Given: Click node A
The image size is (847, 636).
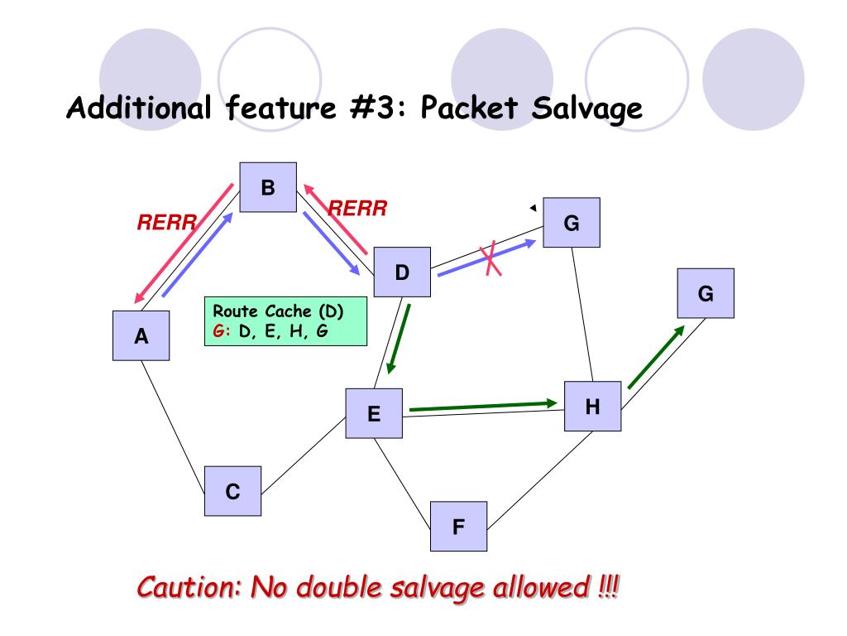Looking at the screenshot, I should pyautogui.click(x=141, y=335).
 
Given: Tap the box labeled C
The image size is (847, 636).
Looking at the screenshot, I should pyautogui.click(x=232, y=492).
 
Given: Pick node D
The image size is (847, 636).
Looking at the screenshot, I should pyautogui.click(x=402, y=272).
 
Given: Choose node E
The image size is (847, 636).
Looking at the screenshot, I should pyautogui.click(x=374, y=413).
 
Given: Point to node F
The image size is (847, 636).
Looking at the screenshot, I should pyautogui.click(x=458, y=526).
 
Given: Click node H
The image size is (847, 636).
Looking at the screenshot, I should pyautogui.click(x=592, y=406).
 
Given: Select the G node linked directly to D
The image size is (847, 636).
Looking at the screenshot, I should pyautogui.click(x=572, y=223).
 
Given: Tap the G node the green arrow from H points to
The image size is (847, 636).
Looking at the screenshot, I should pyautogui.click(x=706, y=293).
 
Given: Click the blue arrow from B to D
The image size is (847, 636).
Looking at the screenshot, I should pyautogui.click(x=331, y=243).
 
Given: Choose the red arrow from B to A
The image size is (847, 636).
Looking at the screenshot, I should pyautogui.click(x=184, y=243).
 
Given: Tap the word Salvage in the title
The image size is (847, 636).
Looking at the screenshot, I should pyautogui.click(x=588, y=108).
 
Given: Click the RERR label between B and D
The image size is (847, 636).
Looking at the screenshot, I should pyautogui.click(x=358, y=208).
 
